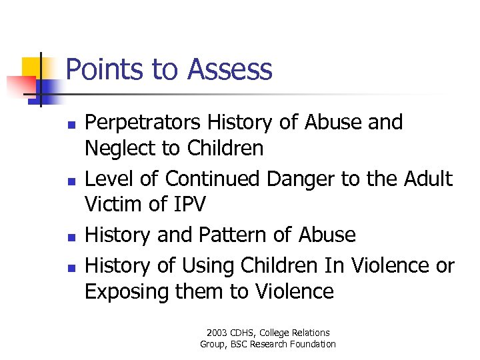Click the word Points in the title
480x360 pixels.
click(103, 69)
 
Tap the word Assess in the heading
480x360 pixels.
click(230, 69)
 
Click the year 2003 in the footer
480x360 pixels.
click(217, 333)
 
